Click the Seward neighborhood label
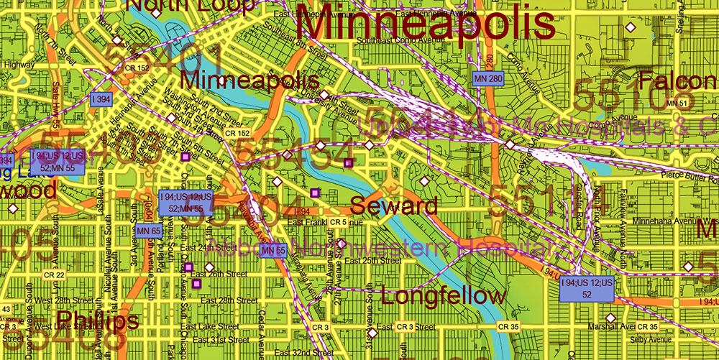393,206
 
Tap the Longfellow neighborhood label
444,295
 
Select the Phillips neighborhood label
97,320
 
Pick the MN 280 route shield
487,78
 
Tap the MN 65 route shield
147,231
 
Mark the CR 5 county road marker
339,223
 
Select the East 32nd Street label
303,353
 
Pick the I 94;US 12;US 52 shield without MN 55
587,289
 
